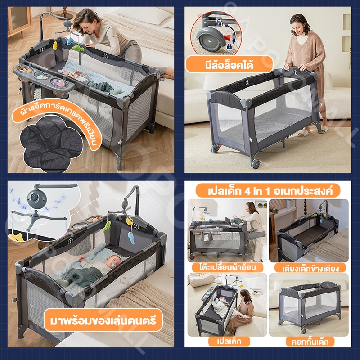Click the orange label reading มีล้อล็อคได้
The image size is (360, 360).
tap(229, 64)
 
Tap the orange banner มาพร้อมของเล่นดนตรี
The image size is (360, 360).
tap(103, 320)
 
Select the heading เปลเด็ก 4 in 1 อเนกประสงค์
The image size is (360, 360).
tap(268, 190)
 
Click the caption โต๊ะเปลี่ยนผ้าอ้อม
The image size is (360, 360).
tap(227, 267)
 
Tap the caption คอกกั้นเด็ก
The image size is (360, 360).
tap(310, 342)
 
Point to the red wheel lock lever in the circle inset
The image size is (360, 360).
tap(228, 37)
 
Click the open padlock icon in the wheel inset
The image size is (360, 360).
tap(218, 22)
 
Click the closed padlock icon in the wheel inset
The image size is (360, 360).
tap(229, 46)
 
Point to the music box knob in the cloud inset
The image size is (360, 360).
tap(35, 197)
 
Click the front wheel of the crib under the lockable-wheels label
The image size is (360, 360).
tap(256, 164)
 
